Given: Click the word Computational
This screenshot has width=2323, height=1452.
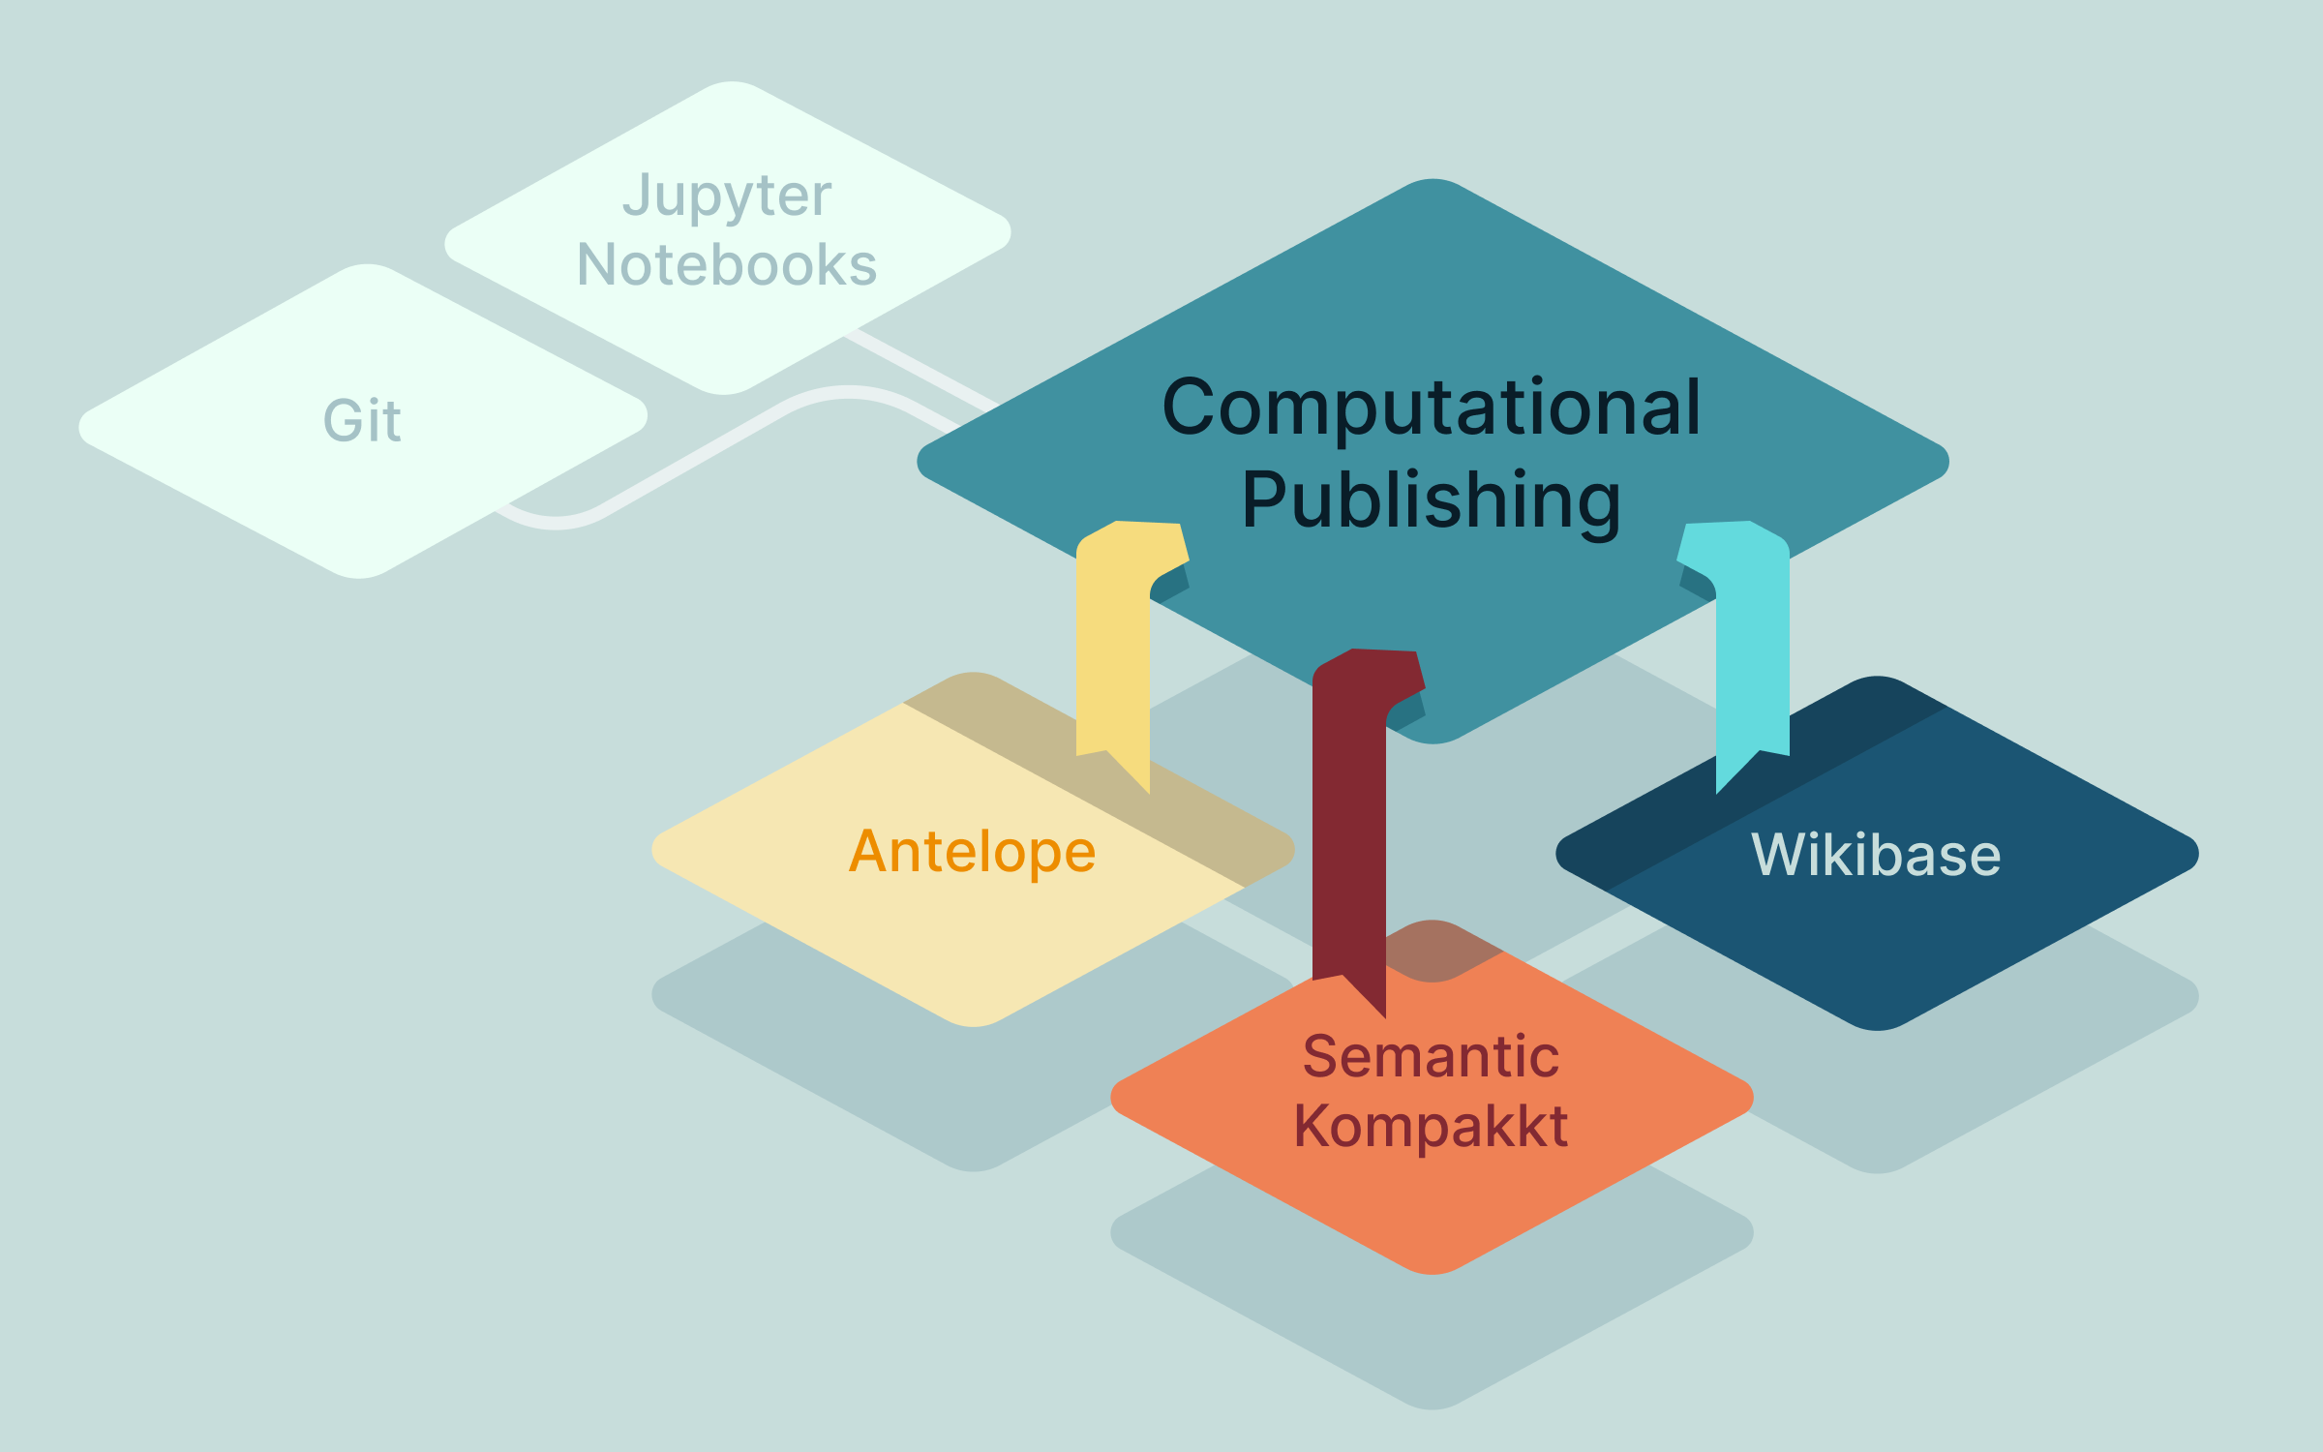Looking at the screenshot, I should coord(1431,408).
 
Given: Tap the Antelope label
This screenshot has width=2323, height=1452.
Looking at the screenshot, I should coord(972,852).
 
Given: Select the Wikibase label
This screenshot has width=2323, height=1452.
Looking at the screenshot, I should coord(1876,855).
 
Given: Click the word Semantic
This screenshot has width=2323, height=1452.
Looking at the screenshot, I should coord(1431,1056).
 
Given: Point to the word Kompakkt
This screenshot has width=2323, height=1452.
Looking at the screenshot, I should coord(1431,1127).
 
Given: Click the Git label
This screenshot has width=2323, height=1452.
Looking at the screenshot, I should coord(362,421).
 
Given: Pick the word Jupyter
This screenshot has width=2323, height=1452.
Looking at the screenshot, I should coord(726,197).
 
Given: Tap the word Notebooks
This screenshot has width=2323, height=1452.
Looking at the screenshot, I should coord(726,265).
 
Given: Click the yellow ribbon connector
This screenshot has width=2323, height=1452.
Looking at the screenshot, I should coord(1112,658).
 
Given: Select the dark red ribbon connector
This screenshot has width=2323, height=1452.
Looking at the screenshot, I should coord(1348,823).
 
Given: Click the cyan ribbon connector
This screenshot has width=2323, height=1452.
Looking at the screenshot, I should coord(1753,658).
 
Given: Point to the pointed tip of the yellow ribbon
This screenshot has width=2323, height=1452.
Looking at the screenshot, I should coord(1147,790).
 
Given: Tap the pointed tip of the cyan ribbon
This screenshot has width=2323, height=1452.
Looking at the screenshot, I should coord(1719,790).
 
